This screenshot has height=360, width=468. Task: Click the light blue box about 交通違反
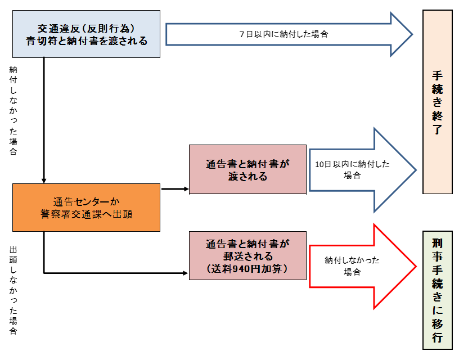pos(87,34)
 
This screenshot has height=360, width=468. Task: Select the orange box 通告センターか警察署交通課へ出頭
pos(87,208)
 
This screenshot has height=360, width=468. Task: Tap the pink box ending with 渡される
pos(247,169)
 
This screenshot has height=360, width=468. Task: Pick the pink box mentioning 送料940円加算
pos(247,256)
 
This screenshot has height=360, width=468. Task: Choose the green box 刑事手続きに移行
pos(438,290)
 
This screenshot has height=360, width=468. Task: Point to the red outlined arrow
pos(366,265)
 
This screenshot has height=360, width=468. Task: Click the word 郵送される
pos(247,256)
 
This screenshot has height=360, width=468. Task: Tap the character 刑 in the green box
pos(438,243)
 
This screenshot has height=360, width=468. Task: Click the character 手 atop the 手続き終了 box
pos(438,75)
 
